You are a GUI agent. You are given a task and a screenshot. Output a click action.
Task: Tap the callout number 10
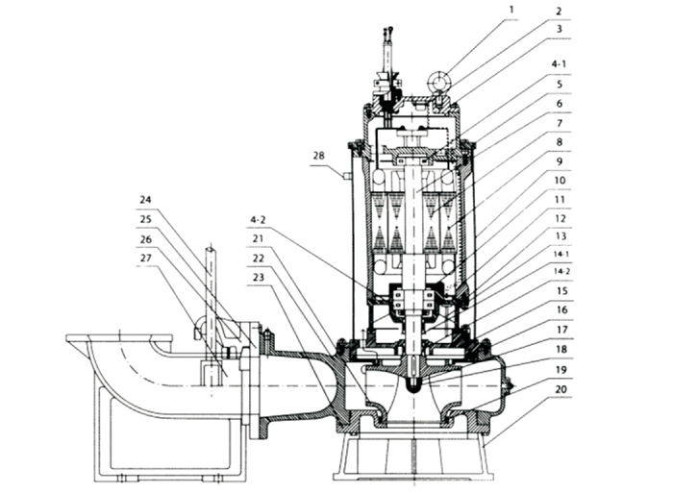[x=561, y=179]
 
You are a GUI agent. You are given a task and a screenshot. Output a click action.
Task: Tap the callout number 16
[x=561, y=309]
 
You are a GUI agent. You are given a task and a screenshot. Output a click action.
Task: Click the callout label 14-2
[x=561, y=273]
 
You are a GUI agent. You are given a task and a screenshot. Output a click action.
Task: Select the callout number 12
[x=561, y=217]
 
